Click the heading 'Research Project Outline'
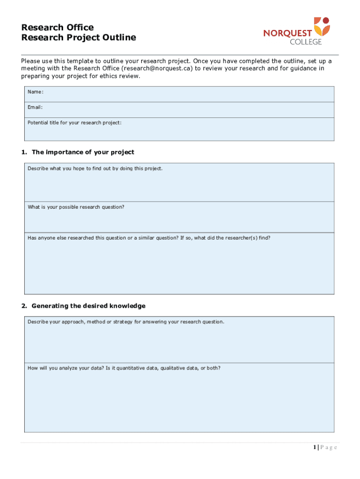79,37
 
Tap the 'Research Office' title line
58,27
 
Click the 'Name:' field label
36,92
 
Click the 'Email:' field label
35,107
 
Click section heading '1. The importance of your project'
78,152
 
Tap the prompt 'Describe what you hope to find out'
95,168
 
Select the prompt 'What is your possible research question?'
76,207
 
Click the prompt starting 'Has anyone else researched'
149,238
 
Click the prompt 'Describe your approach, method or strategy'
126,322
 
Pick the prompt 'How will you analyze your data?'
124,368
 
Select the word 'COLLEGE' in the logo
306,42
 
